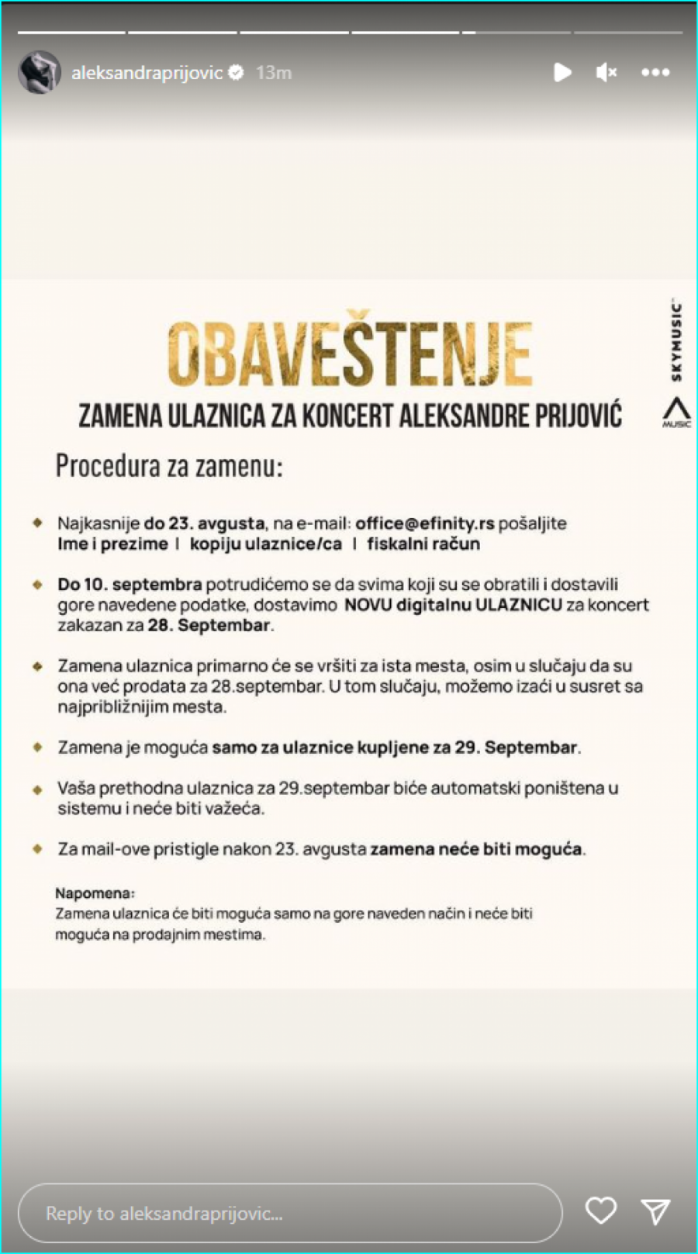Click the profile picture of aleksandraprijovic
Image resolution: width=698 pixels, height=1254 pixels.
pos(39,72)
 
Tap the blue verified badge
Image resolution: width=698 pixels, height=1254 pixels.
pos(237,72)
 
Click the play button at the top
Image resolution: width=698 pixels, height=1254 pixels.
pos(562,72)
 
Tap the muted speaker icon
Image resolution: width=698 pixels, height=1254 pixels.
pos(606,72)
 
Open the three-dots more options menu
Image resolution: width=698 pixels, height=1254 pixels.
pos(655,72)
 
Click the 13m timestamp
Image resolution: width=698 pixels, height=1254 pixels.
pos(274,72)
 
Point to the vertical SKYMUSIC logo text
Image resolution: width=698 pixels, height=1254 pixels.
pos(676,342)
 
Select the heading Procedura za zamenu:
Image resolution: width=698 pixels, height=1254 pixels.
pos(169,466)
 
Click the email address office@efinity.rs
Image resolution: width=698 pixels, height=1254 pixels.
pos(424,523)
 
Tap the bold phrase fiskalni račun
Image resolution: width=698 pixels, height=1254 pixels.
pos(423,544)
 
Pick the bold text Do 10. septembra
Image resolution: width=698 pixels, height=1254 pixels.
pos(130,584)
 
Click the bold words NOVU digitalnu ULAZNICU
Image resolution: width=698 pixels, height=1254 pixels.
pos(453,605)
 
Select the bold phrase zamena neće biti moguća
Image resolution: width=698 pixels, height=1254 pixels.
pos(475,849)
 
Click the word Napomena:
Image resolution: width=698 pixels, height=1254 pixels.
pos(95,893)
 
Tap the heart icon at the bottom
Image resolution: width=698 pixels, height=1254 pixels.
pos(600,1211)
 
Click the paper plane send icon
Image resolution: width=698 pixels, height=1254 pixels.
pos(655,1211)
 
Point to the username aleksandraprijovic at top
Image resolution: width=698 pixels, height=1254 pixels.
pos(147,72)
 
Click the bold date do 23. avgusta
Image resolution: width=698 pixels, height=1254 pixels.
pos(204,523)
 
